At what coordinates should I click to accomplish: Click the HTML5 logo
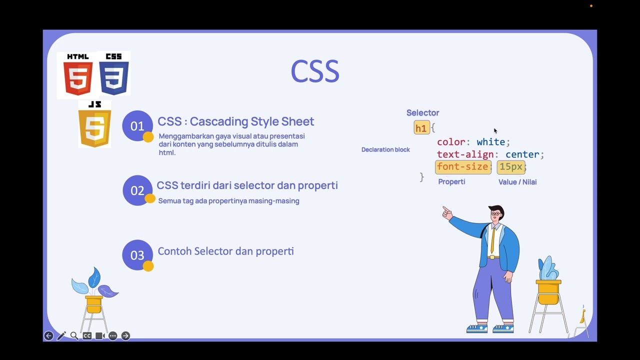[x=78, y=75]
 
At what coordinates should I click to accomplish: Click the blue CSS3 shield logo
[x=114, y=75]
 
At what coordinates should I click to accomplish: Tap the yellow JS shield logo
[x=94, y=125]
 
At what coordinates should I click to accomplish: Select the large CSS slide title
[x=315, y=71]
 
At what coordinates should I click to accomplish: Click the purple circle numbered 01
[x=137, y=125]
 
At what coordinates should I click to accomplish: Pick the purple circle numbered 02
[x=137, y=190]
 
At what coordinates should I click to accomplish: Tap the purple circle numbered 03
[x=137, y=255]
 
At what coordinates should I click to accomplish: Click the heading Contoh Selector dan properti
[x=225, y=251]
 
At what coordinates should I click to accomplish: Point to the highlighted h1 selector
[x=421, y=128]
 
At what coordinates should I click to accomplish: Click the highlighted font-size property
[x=462, y=167]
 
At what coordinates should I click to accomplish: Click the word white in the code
[x=490, y=142]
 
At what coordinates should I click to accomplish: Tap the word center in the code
[x=522, y=154]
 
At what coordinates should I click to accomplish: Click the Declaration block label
[x=385, y=149]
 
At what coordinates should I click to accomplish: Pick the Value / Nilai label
[x=517, y=182]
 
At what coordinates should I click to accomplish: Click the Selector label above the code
[x=422, y=113]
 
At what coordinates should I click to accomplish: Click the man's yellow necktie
[x=493, y=239]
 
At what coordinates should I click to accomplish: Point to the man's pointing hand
[x=446, y=213]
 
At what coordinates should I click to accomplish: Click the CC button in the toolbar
[x=87, y=336]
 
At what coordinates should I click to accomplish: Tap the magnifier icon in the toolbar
[x=74, y=336]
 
